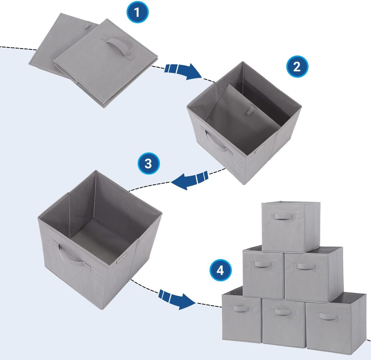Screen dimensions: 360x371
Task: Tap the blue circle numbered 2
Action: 297,67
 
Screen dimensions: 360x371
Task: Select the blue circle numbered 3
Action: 149,163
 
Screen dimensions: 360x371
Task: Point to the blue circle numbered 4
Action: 221,271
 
